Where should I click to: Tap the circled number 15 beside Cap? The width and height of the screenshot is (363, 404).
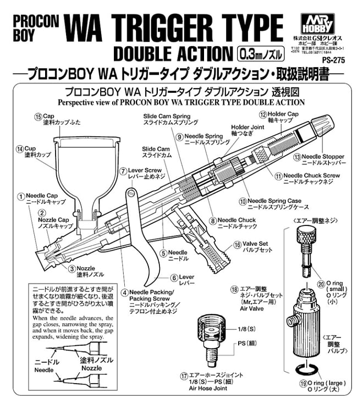point(38,117)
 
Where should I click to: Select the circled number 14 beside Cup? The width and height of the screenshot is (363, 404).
point(20,148)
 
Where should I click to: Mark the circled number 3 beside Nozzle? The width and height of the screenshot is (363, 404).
point(72,268)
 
